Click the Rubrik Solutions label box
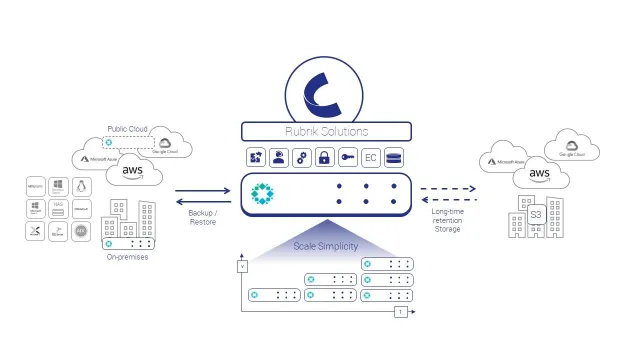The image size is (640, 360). coord(326,131)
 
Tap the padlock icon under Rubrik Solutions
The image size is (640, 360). coord(324,158)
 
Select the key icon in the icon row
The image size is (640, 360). coord(347,158)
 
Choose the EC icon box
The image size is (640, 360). coord(370,158)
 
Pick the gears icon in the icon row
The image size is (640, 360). coord(301,158)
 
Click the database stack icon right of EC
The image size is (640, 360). coord(393,158)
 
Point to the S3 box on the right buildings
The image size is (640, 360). coord(536,214)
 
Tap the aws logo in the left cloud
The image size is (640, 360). coord(136,172)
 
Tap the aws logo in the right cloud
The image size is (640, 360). coord(539,174)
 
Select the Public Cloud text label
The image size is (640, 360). coord(128,130)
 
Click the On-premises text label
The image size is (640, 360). coord(127,258)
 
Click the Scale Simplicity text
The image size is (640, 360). coord(326,246)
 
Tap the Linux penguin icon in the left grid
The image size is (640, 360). coord(82,186)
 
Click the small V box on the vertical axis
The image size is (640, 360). coord(240,266)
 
